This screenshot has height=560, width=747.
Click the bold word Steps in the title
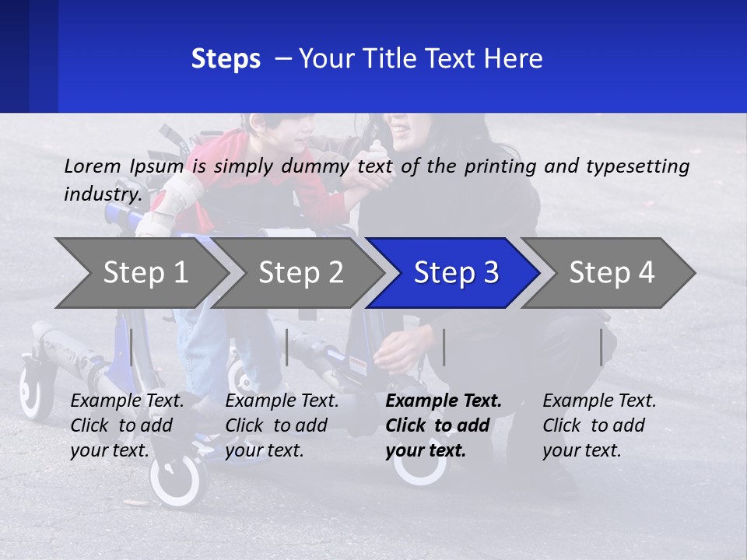pyautogui.click(x=226, y=59)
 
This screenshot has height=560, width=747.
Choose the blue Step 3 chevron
pyautogui.click(x=456, y=273)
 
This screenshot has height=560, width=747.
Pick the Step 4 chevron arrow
pyautogui.click(x=612, y=273)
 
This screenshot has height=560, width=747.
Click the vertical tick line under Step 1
pyautogui.click(x=132, y=347)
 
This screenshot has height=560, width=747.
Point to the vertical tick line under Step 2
pyautogui.click(x=287, y=347)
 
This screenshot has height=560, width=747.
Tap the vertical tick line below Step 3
pyautogui.click(x=444, y=347)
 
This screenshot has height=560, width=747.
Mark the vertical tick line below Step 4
pyautogui.click(x=601, y=347)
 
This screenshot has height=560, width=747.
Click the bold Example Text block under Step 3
pyautogui.click(x=444, y=425)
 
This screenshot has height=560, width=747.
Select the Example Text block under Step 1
pyautogui.click(x=127, y=425)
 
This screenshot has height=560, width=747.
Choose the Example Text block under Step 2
pyautogui.click(x=282, y=425)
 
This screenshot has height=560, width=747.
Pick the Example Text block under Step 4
pyautogui.click(x=599, y=425)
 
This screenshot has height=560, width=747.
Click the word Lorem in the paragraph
pyautogui.click(x=93, y=166)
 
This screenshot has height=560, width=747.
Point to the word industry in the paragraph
pyautogui.click(x=102, y=194)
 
